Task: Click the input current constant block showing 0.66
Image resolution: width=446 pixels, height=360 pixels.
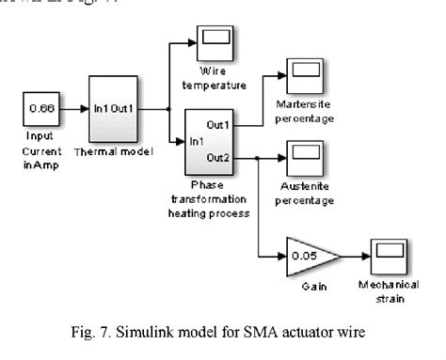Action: pyautogui.click(x=39, y=109)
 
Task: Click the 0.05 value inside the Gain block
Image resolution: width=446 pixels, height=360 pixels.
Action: pyautogui.click(x=301, y=256)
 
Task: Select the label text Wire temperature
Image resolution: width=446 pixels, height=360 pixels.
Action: pyautogui.click(x=217, y=78)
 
